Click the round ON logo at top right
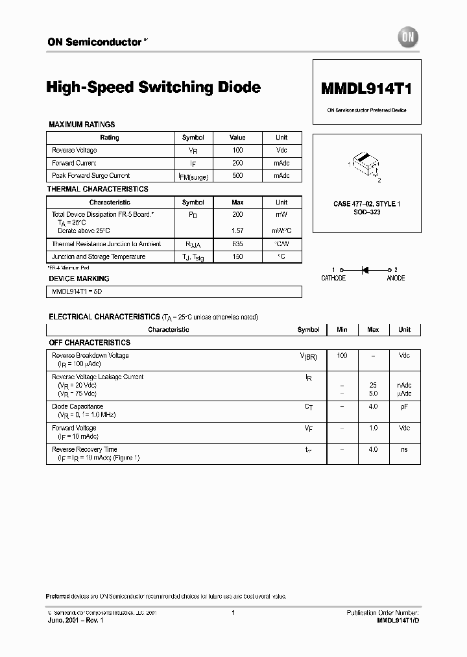[x=407, y=38]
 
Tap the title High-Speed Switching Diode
[x=154, y=87]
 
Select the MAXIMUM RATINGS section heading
[x=82, y=124]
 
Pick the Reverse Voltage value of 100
[x=237, y=150]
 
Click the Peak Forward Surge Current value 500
[x=237, y=175]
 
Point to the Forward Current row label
[x=74, y=163]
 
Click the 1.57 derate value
[x=237, y=231]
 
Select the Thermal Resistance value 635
[x=237, y=244]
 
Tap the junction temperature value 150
[x=237, y=256]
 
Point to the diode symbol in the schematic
[x=365, y=269]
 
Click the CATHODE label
[x=333, y=278]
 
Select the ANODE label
[x=396, y=278]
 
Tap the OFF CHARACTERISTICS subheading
[x=90, y=342]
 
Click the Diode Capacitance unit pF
[x=404, y=406]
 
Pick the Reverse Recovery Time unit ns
[x=404, y=449]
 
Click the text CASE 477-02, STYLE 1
[x=366, y=204]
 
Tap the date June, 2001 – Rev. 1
[x=75, y=621]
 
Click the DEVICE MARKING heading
[x=79, y=279]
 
